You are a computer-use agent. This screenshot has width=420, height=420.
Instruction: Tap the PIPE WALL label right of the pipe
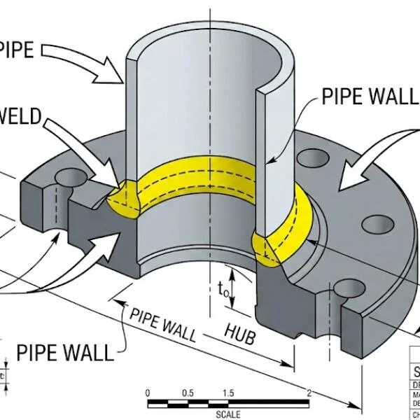pos(370,97)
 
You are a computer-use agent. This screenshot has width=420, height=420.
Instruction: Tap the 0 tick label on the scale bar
pos(148,393)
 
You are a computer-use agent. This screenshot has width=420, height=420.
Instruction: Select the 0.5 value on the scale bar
pos(188,393)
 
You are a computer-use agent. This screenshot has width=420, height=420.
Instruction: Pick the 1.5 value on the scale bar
pos(228,393)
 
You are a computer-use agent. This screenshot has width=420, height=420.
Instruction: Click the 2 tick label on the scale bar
pos(309,393)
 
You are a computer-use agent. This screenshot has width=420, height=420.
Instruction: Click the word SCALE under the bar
pos(228,414)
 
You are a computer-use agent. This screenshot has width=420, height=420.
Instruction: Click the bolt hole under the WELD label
pos(67,176)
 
